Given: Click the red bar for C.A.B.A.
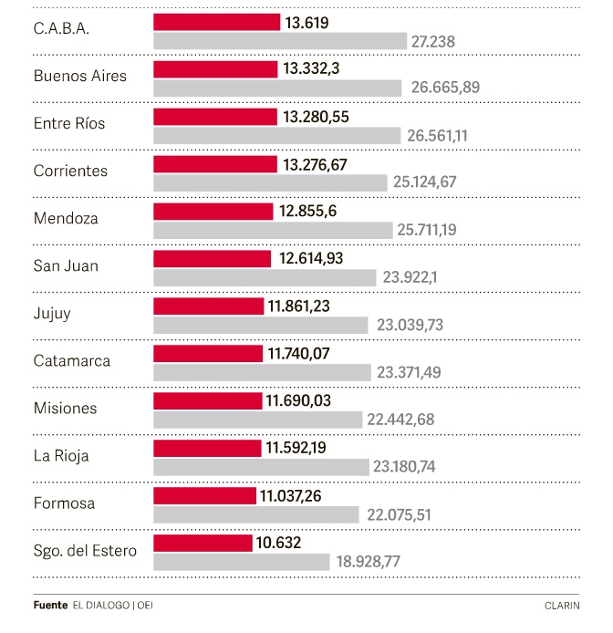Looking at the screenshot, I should click(x=216, y=22).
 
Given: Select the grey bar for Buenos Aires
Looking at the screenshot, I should click(x=277, y=88).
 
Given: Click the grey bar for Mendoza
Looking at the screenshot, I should click(x=273, y=230).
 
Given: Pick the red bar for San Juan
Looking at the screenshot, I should click(x=212, y=259).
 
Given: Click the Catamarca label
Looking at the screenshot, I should click(x=71, y=360).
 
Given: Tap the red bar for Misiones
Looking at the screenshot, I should click(x=208, y=400).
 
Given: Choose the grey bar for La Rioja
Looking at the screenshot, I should click(x=261, y=467).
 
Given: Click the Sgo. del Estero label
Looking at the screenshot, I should click(x=85, y=550).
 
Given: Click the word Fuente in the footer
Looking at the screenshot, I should click(x=50, y=604).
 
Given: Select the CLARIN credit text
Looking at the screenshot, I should click(x=562, y=604).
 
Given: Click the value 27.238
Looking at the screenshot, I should click(x=433, y=41).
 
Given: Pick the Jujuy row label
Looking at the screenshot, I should click(x=52, y=313).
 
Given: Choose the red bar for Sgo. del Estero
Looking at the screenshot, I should click(x=203, y=543).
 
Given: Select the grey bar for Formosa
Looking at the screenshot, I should click(x=257, y=514).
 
